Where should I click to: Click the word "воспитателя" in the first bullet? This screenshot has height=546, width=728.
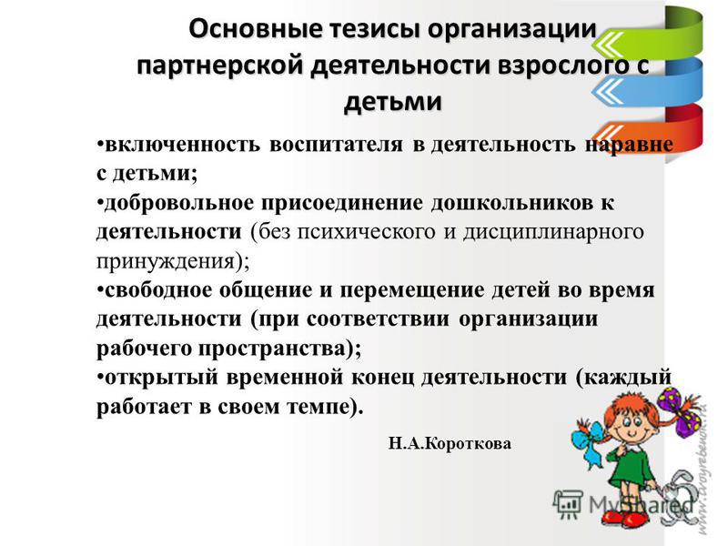336,145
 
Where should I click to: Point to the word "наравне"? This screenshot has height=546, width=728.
629,145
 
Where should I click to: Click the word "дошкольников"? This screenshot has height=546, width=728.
507,203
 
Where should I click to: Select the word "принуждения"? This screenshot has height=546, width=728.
166,261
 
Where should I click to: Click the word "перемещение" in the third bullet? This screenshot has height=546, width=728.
411,290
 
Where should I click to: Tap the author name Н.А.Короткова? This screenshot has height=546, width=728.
450,443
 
